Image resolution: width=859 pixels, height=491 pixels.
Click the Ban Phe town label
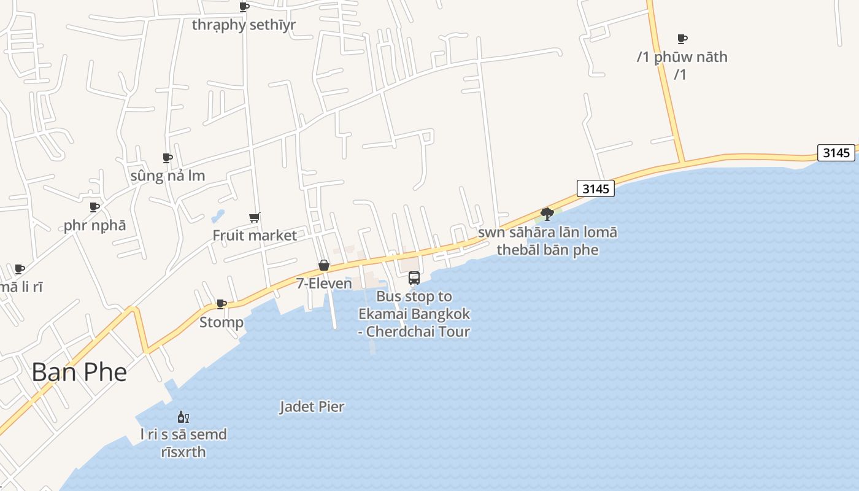click(79, 372)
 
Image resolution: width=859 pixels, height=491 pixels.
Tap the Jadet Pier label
click(312, 406)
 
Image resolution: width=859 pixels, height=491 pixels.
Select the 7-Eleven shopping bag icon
click(324, 265)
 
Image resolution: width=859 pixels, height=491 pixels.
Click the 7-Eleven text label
click(324, 284)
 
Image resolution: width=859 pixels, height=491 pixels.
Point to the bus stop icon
click(414, 278)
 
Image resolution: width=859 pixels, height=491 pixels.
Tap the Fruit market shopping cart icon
click(255, 217)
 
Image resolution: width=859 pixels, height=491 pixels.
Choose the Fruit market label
click(255, 235)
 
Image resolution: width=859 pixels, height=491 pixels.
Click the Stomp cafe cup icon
click(221, 304)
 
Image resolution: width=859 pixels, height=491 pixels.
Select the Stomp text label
click(221, 322)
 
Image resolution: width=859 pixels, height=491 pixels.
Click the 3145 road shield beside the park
click(595, 188)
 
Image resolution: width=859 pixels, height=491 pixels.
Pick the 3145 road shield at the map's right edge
click(836, 152)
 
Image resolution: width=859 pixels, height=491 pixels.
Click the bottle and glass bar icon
click(183, 417)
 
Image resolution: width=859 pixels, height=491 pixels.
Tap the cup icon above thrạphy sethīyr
click(244, 7)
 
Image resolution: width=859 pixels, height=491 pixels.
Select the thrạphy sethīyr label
click(244, 25)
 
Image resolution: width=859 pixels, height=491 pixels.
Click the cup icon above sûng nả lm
click(168, 158)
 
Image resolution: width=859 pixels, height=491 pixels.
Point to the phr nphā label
click(94, 225)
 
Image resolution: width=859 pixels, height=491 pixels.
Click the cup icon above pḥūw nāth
click(682, 39)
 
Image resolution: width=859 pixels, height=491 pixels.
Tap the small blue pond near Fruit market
click(218, 216)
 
